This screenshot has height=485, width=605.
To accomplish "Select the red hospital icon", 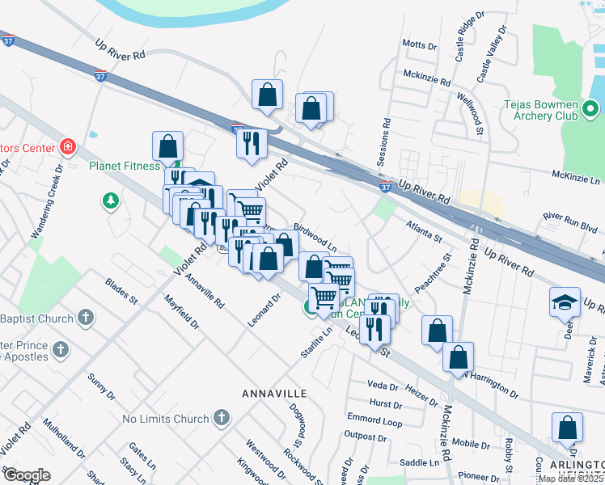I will pos(69,147).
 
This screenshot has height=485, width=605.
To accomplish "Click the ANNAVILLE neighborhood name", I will pos(274,393).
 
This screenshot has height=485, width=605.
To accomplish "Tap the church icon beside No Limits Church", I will pos(222,418).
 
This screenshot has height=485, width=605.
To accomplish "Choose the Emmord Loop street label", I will pos(374,421).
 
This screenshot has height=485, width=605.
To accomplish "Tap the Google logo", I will pos(27,474).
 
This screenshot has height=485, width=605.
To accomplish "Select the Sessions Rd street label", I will pos(387,139).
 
